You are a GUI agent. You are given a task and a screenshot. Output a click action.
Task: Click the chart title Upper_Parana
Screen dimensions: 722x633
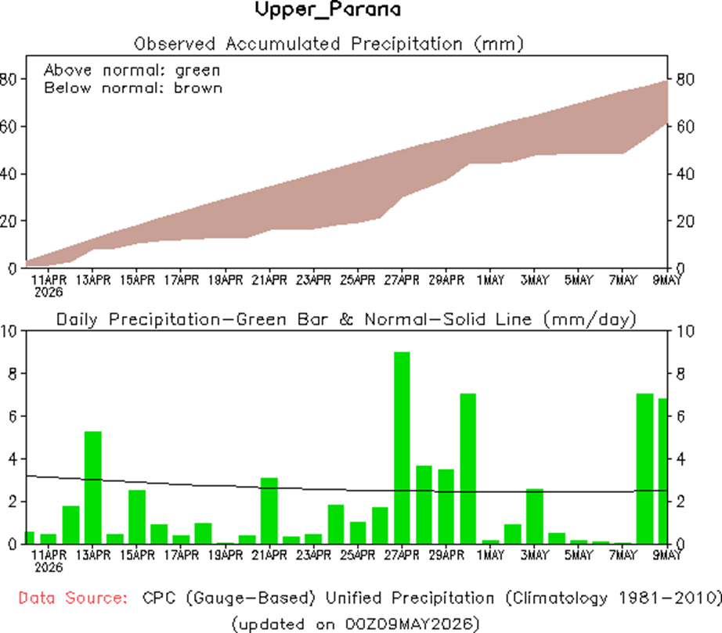pyautogui.click(x=328, y=9)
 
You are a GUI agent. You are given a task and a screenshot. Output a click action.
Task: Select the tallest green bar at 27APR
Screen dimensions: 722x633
pyautogui.click(x=402, y=448)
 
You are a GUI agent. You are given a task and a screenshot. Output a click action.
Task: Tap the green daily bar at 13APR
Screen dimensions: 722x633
pyautogui.click(x=93, y=487)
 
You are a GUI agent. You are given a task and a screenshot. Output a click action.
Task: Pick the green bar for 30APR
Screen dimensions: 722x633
pyautogui.click(x=467, y=469)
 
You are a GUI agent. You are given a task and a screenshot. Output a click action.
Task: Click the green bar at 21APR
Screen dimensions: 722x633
pyautogui.click(x=269, y=511)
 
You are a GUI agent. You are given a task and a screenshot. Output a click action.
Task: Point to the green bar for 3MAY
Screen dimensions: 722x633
pyautogui.click(x=535, y=516)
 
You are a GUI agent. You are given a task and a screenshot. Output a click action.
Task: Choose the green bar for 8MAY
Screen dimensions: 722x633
pyautogui.click(x=644, y=469)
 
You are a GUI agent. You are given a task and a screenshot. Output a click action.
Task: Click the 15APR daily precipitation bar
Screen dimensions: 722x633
pyautogui.click(x=137, y=517)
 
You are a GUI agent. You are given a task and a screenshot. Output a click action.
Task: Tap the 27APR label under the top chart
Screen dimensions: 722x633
pyautogui.click(x=402, y=280)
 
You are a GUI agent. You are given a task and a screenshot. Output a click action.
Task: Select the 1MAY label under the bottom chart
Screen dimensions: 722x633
pyautogui.click(x=490, y=556)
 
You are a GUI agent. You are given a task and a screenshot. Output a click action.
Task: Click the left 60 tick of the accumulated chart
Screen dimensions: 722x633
pyautogui.click(x=8, y=127)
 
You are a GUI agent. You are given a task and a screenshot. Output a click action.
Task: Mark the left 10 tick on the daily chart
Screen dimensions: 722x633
pyautogui.click(x=8, y=331)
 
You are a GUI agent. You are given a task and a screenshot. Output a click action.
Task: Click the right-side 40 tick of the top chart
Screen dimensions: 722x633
pyautogui.click(x=684, y=174)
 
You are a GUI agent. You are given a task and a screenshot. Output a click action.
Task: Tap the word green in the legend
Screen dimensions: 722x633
pyautogui.click(x=197, y=71)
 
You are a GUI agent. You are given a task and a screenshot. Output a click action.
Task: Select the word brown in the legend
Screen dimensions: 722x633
pyautogui.click(x=198, y=88)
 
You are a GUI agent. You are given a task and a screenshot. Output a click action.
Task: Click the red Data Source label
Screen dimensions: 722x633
pyautogui.click(x=73, y=598)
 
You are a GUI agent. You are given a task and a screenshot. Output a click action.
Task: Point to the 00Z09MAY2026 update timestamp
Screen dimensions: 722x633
pyautogui.click(x=410, y=624)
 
